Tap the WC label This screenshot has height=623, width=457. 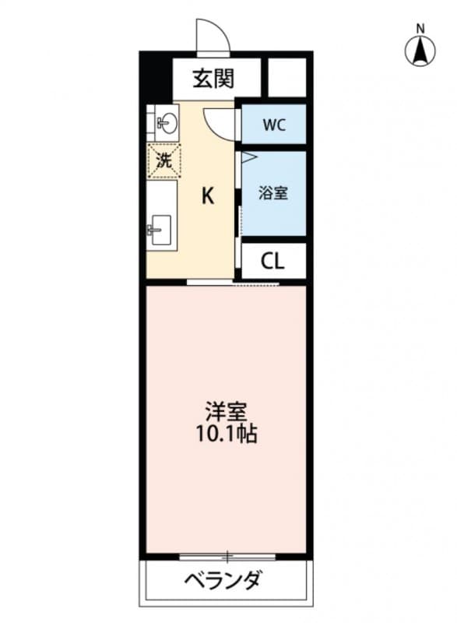point(272,125)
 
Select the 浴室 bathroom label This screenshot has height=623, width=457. point(273,193)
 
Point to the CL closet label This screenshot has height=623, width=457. point(272,261)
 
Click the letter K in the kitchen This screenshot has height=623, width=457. point(208,195)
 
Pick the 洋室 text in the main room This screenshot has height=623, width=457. point(220,408)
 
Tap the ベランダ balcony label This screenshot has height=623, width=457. point(222,581)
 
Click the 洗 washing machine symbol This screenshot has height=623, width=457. point(163,162)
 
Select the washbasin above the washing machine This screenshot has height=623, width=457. point(164,121)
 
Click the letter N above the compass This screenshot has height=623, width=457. point(420,29)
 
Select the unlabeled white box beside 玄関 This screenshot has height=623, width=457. point(287,78)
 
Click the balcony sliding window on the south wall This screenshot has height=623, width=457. point(227,556)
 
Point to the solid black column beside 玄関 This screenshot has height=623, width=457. point(156,76)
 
